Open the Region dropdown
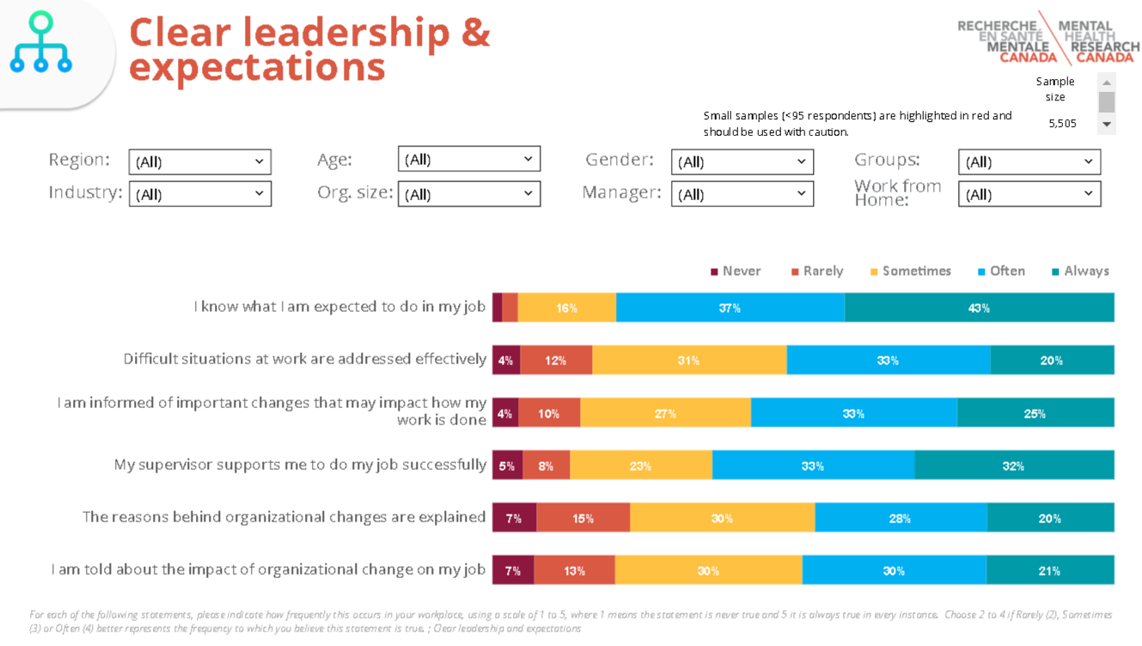[x=199, y=161]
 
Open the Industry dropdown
[x=199, y=194]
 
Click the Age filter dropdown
[x=468, y=159]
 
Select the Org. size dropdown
[x=468, y=194]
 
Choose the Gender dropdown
[x=742, y=161]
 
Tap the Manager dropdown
[x=742, y=194]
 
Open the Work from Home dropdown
[x=1029, y=194]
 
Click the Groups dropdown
[x=1029, y=161]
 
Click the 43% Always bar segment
[x=979, y=308]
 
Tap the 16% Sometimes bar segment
[x=566, y=308]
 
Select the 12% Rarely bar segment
[x=556, y=361]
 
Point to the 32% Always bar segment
[x=1013, y=466]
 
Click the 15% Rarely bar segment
[x=583, y=518]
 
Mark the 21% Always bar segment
[x=1049, y=570]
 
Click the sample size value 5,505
[x=1062, y=124]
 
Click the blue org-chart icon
[x=40, y=42]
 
